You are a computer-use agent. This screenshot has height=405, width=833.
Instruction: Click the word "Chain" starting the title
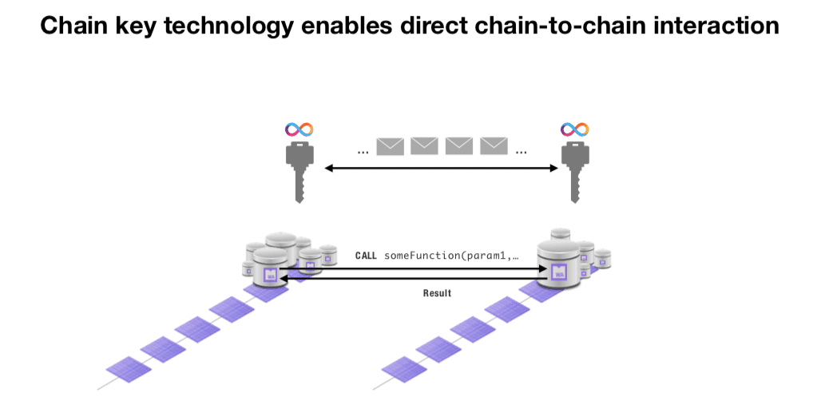coord(74,25)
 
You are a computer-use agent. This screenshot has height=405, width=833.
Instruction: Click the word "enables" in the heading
coord(347,25)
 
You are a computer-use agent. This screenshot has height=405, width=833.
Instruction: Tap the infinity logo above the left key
coord(299,129)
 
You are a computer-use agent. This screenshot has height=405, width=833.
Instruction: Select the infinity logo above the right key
coord(575,129)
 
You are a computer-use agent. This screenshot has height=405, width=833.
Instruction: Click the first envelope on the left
coord(390,146)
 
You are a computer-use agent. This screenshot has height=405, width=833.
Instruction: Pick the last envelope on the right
coord(494,146)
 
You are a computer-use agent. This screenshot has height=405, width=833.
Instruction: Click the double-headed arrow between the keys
coord(441,168)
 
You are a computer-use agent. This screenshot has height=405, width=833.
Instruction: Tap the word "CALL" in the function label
coord(366,256)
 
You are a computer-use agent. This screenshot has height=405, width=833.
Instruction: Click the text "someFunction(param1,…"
coord(451,256)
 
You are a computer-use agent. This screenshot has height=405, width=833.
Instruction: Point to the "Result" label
coord(437,293)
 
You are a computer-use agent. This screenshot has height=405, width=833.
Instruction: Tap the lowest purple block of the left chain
coord(129,369)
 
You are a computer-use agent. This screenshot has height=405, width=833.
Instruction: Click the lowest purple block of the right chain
coord(404,369)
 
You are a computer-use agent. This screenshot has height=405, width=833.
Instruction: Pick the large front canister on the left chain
coord(270,268)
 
